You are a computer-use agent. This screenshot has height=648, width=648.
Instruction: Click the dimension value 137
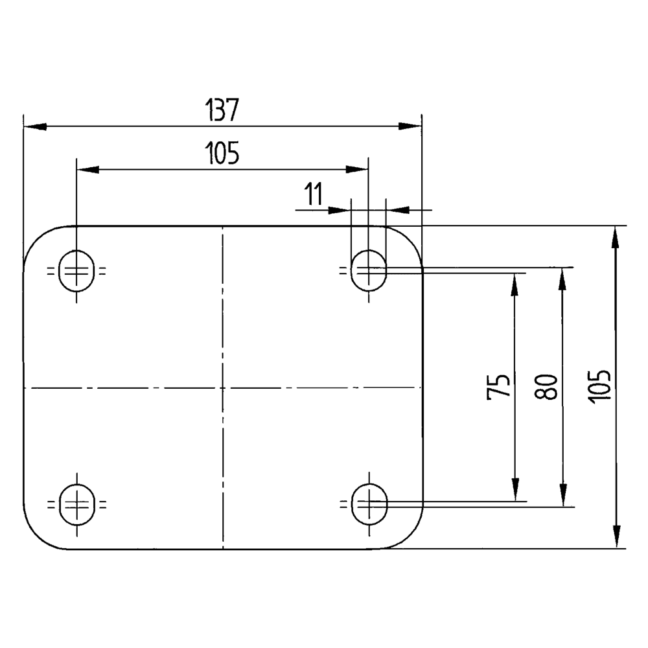222,110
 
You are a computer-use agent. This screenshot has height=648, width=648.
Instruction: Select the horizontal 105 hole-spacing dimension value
222,154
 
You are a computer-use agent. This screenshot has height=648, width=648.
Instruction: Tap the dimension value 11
313,194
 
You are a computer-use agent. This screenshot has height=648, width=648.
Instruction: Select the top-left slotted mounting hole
76,271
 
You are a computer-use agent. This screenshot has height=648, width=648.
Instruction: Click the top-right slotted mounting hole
368,271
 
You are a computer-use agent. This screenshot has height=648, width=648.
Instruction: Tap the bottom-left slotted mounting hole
76,503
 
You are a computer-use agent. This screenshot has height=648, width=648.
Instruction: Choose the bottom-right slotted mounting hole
368,503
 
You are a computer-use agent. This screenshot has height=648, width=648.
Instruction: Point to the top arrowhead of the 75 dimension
515,283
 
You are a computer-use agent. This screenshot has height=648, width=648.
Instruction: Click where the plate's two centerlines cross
222,388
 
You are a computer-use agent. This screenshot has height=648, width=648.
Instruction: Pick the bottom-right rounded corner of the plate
410,536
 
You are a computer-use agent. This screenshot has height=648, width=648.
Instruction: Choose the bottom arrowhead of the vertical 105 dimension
616,538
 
